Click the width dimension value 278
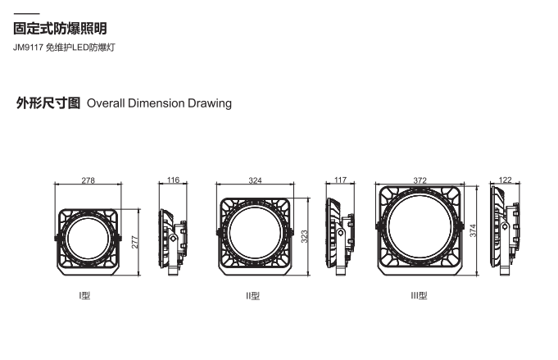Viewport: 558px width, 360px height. (88, 180)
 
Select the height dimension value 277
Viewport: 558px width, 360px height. (135, 242)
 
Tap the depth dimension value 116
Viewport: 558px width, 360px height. (174, 180)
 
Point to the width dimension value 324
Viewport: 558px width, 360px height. (255, 180)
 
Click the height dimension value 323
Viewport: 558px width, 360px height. (304, 236)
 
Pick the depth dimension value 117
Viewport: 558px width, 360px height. (341, 180)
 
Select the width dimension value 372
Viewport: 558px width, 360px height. (420, 180)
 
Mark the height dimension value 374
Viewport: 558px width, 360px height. (473, 230)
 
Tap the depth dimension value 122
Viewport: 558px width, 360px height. (506, 180)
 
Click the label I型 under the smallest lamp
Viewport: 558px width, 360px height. (84, 295)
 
